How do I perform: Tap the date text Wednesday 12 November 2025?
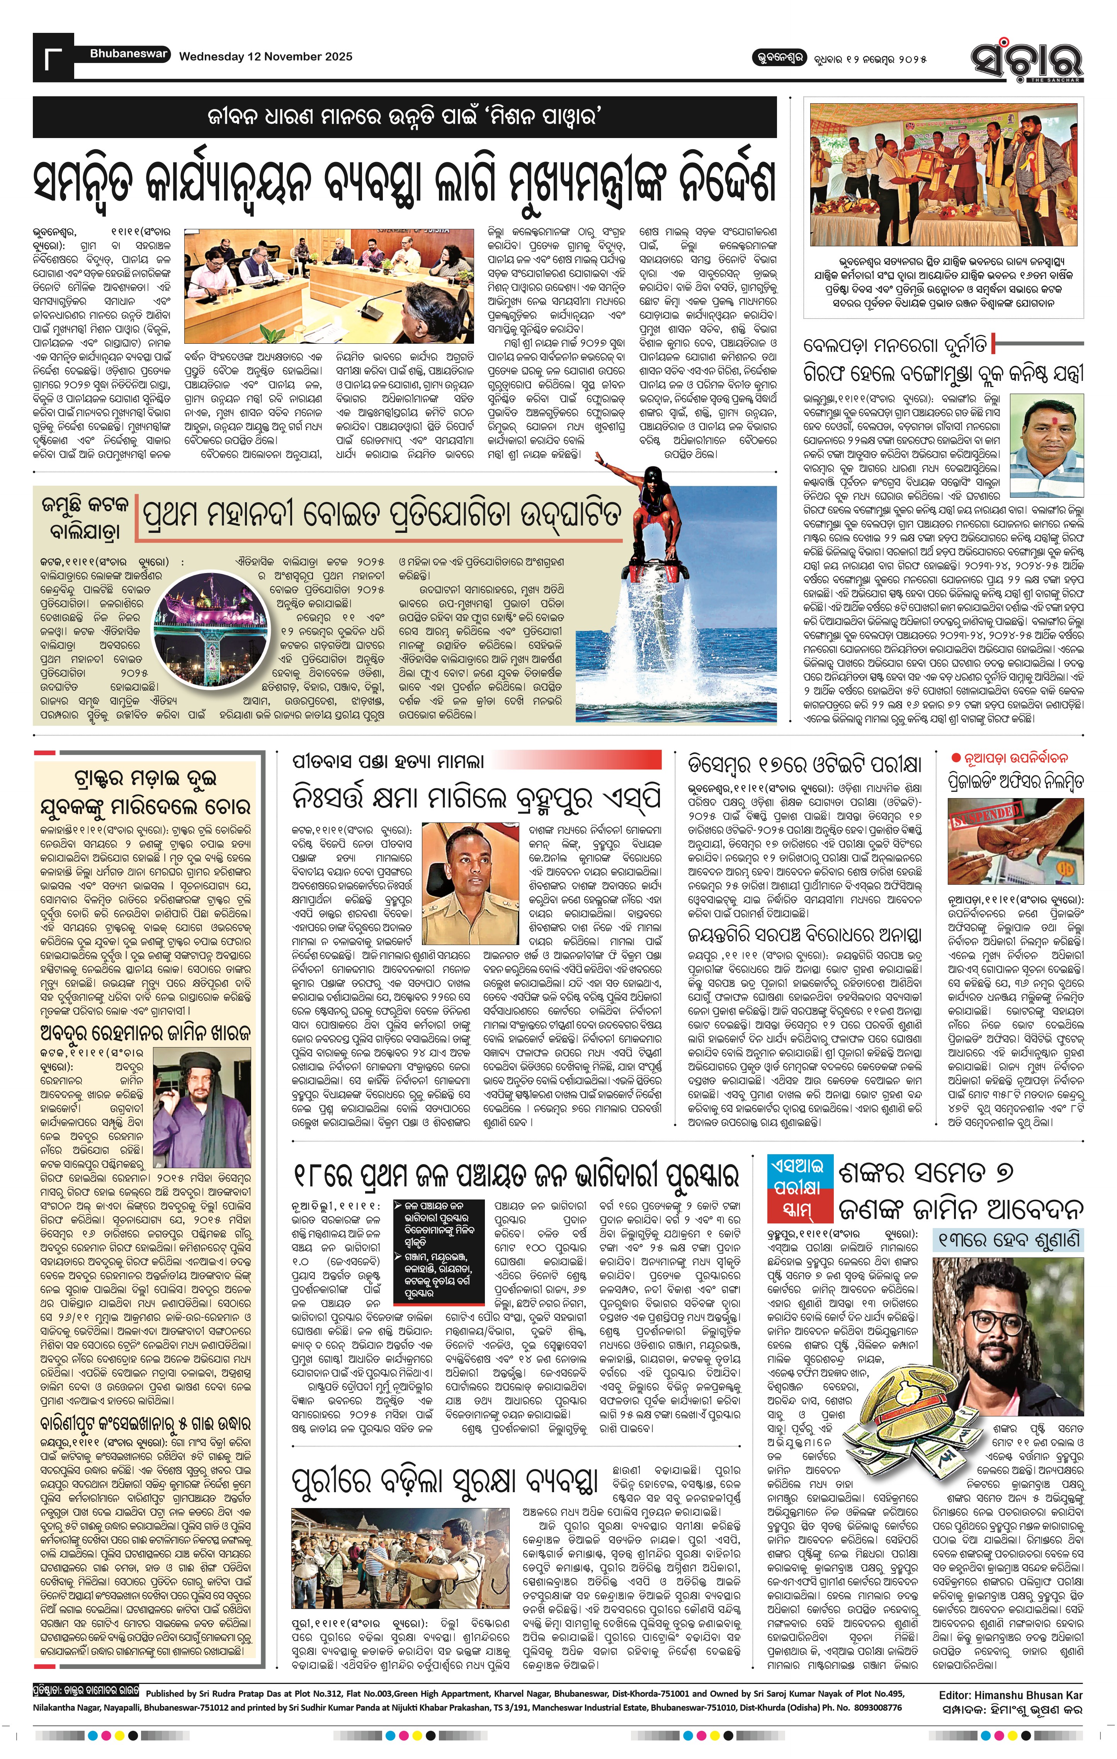point(266,56)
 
